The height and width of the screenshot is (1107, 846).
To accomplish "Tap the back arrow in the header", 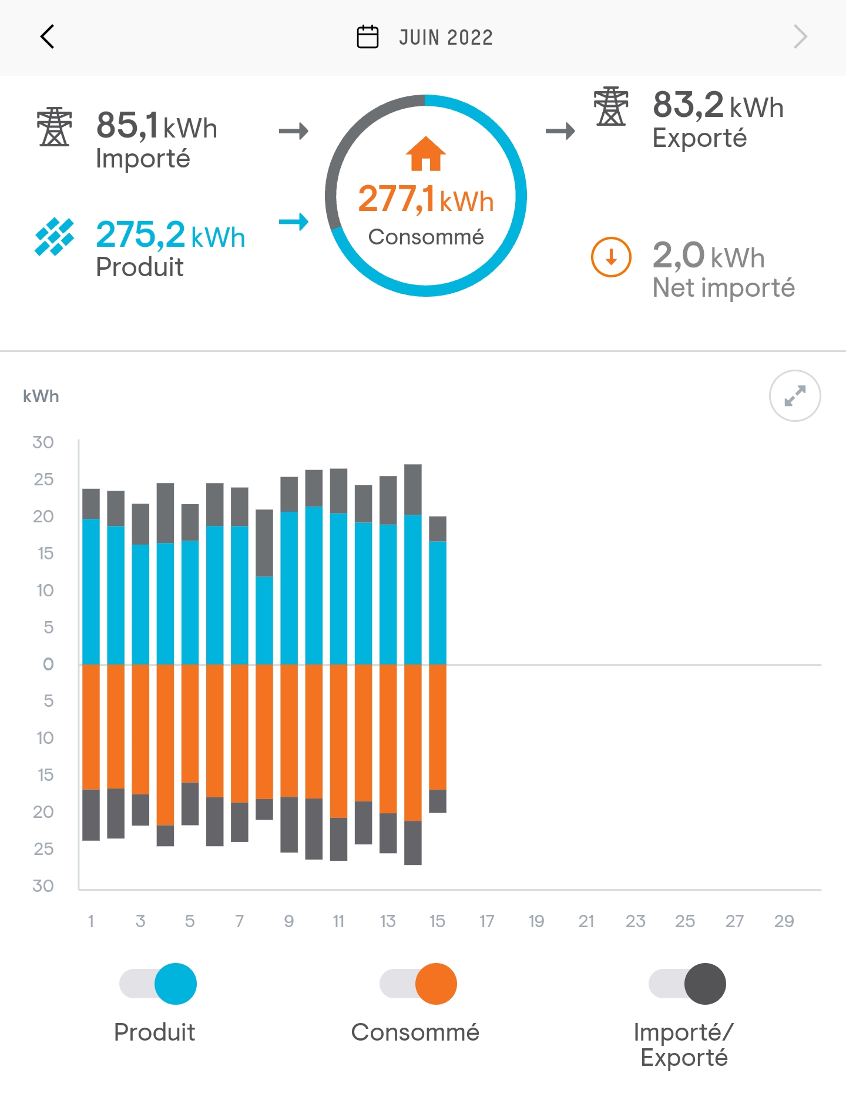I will click(x=48, y=37).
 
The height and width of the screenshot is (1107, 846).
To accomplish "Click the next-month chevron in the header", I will click(x=800, y=37).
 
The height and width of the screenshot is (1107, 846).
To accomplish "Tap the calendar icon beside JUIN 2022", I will click(x=368, y=37).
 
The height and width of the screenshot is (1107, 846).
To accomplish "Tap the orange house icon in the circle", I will click(x=426, y=154).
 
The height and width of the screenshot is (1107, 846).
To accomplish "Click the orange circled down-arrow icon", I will click(x=611, y=257).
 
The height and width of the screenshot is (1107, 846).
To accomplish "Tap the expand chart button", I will click(x=795, y=396).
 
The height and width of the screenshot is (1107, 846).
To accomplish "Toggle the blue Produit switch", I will click(x=158, y=984).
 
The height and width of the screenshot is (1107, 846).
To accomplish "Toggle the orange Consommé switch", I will click(x=418, y=984).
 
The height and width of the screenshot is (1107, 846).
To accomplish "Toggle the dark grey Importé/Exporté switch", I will click(x=687, y=984).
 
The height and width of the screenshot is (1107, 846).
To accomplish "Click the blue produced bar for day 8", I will click(x=264, y=620).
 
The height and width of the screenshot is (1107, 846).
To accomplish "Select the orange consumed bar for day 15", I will click(x=438, y=727).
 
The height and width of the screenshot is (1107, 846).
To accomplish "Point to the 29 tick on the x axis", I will click(x=784, y=921).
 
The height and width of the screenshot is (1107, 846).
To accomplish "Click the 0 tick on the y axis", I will click(x=48, y=665).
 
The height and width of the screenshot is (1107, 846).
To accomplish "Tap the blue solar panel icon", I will click(x=55, y=237).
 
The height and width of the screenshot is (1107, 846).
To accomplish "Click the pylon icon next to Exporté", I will click(x=611, y=106).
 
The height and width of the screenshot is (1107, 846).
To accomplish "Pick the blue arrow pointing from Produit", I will click(x=294, y=222).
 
